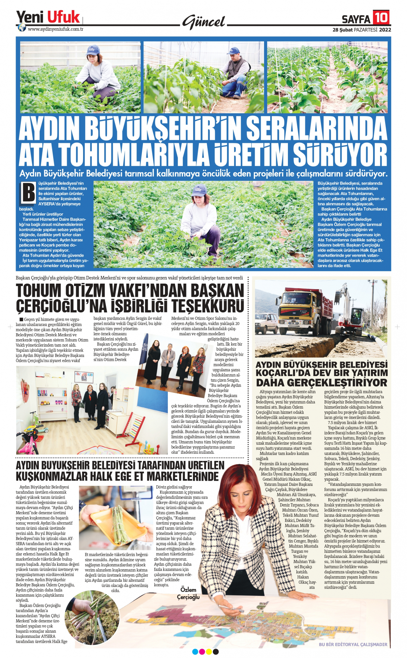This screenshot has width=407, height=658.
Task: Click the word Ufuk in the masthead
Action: coord(63,17)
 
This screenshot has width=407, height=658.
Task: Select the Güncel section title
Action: coord(204,22)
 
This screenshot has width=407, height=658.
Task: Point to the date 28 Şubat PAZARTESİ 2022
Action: coord(362,30)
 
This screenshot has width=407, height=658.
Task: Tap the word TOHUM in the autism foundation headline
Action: coord(38,291)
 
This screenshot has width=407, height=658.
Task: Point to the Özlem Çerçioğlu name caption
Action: coord(188,593)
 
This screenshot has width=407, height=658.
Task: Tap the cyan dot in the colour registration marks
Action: coord(195,652)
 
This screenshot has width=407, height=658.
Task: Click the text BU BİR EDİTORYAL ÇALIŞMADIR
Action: coord(353,644)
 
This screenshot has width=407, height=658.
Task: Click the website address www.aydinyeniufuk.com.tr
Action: coord(55,29)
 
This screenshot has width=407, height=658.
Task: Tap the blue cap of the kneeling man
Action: coord(233,51)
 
